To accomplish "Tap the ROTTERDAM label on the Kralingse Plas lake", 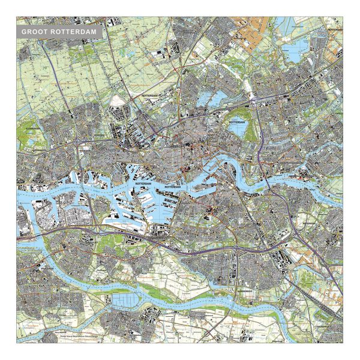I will (x=236, y=122).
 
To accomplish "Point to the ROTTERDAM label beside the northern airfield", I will (x=152, y=95).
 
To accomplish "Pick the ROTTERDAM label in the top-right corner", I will (x=338, y=29).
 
